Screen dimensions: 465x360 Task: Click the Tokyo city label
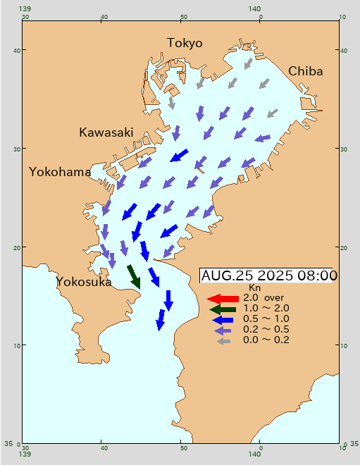185,43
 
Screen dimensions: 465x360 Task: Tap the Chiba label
305,71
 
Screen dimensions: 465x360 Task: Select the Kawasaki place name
106,132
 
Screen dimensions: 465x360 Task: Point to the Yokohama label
60,172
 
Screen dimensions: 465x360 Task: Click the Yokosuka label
84,282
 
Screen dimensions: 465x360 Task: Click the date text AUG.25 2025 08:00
269,275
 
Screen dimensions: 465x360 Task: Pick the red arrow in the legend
222,299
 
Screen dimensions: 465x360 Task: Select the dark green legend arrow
222,309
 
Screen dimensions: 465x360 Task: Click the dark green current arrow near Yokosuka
134,275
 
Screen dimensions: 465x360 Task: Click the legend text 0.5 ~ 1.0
266,319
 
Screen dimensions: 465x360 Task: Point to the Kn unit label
255,288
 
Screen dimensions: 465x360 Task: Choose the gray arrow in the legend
224,341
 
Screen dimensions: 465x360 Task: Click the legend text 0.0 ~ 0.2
266,340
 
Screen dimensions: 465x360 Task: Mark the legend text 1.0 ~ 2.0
266,309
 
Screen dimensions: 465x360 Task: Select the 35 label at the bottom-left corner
8,444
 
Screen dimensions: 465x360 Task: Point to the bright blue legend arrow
222,319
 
